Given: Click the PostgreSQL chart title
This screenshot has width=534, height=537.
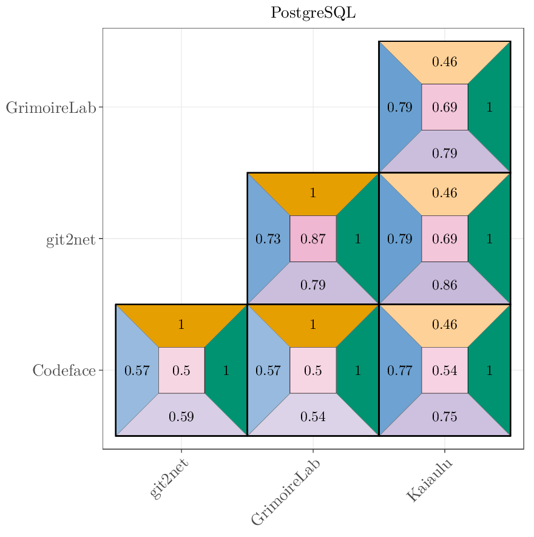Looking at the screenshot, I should (x=313, y=13).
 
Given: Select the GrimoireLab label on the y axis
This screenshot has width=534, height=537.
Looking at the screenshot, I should (x=51, y=108).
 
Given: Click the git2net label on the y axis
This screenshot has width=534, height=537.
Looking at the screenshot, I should (x=71, y=240).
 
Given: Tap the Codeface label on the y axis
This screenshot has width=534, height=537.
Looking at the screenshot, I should (x=64, y=371).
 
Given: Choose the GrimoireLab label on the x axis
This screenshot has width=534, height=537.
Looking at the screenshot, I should (x=285, y=491).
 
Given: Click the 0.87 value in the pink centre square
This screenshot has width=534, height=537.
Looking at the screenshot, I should (x=313, y=239).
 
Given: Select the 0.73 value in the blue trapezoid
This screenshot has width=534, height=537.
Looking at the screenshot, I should (x=268, y=239).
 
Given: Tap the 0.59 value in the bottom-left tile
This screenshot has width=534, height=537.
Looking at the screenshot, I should (x=181, y=417).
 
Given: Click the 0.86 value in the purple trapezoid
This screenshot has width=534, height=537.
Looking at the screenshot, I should (x=444, y=285).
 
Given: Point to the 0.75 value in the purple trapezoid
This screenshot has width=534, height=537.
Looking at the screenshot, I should (x=444, y=417).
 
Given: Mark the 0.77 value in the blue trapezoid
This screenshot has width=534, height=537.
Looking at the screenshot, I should (x=399, y=370).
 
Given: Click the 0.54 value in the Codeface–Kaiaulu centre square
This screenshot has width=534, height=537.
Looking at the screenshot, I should (x=444, y=370).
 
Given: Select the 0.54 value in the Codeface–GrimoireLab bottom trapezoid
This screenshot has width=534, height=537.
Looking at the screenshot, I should (x=313, y=417).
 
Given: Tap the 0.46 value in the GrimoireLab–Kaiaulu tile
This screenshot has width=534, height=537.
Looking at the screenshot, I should (x=444, y=62).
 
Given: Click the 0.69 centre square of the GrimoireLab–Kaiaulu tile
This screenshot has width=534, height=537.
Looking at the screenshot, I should (x=444, y=107).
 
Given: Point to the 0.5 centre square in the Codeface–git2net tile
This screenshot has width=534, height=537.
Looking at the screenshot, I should (x=181, y=370).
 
